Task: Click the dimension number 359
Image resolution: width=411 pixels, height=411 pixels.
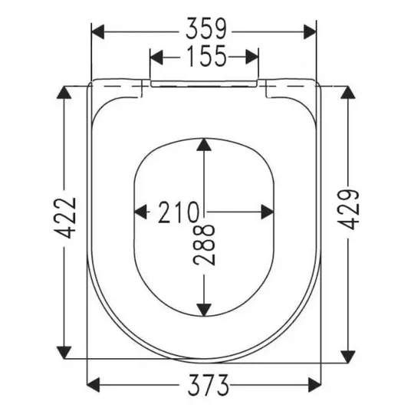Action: tap(205, 28)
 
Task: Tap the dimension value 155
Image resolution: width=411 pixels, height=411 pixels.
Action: tap(207, 55)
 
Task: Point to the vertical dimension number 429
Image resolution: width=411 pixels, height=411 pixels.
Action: tap(348, 209)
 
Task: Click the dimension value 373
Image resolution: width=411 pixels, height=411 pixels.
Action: tap(208, 385)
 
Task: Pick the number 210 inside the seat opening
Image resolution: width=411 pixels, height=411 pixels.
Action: tap(178, 212)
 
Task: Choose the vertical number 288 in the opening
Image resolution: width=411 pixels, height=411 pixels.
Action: tap(204, 245)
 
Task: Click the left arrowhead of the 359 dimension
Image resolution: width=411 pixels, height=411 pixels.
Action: tap(98, 32)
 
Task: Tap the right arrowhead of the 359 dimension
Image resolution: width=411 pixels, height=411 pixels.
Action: tap(310, 32)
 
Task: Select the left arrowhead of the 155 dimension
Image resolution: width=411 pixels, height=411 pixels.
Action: tap(156, 57)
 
